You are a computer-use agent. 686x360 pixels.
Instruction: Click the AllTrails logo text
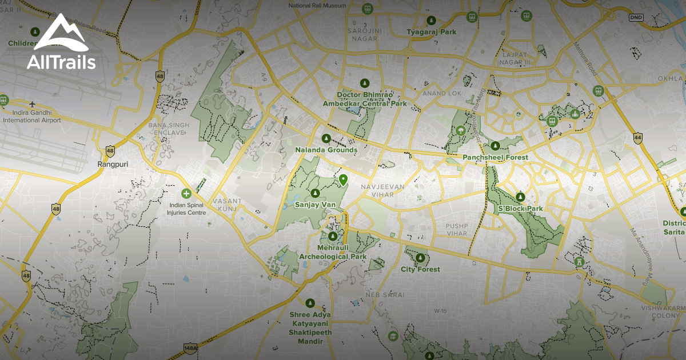pos(61,61)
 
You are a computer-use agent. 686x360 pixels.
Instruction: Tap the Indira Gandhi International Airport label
pos(32,117)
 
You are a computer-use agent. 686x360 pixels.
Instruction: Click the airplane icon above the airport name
pos(32,104)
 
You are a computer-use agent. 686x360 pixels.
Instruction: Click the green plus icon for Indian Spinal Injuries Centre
pos(185,194)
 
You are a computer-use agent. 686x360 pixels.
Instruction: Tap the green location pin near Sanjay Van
pos(343,180)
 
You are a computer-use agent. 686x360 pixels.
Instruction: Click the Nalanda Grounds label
pos(326,150)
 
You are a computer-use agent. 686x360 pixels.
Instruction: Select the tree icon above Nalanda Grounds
pos(326,138)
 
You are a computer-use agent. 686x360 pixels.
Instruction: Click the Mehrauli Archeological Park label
pos(333,253)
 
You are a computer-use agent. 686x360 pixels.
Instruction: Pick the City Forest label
pos(420,269)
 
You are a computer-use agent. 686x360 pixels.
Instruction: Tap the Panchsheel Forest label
pos(495,157)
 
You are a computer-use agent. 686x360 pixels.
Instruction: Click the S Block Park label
pos(520,209)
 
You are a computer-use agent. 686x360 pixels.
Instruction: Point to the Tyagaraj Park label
pos(431,32)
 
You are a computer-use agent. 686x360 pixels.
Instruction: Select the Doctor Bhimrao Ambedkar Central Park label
pos(365,99)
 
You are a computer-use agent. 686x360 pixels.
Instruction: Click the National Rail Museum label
pos(317,5)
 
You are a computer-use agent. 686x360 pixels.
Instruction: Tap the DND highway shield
pos(636,18)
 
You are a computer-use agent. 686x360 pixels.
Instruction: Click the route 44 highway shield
pos(637,137)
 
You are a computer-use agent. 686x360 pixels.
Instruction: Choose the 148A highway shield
pos(190,347)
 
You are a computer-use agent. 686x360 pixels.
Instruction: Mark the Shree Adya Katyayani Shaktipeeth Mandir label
pos(310,327)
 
